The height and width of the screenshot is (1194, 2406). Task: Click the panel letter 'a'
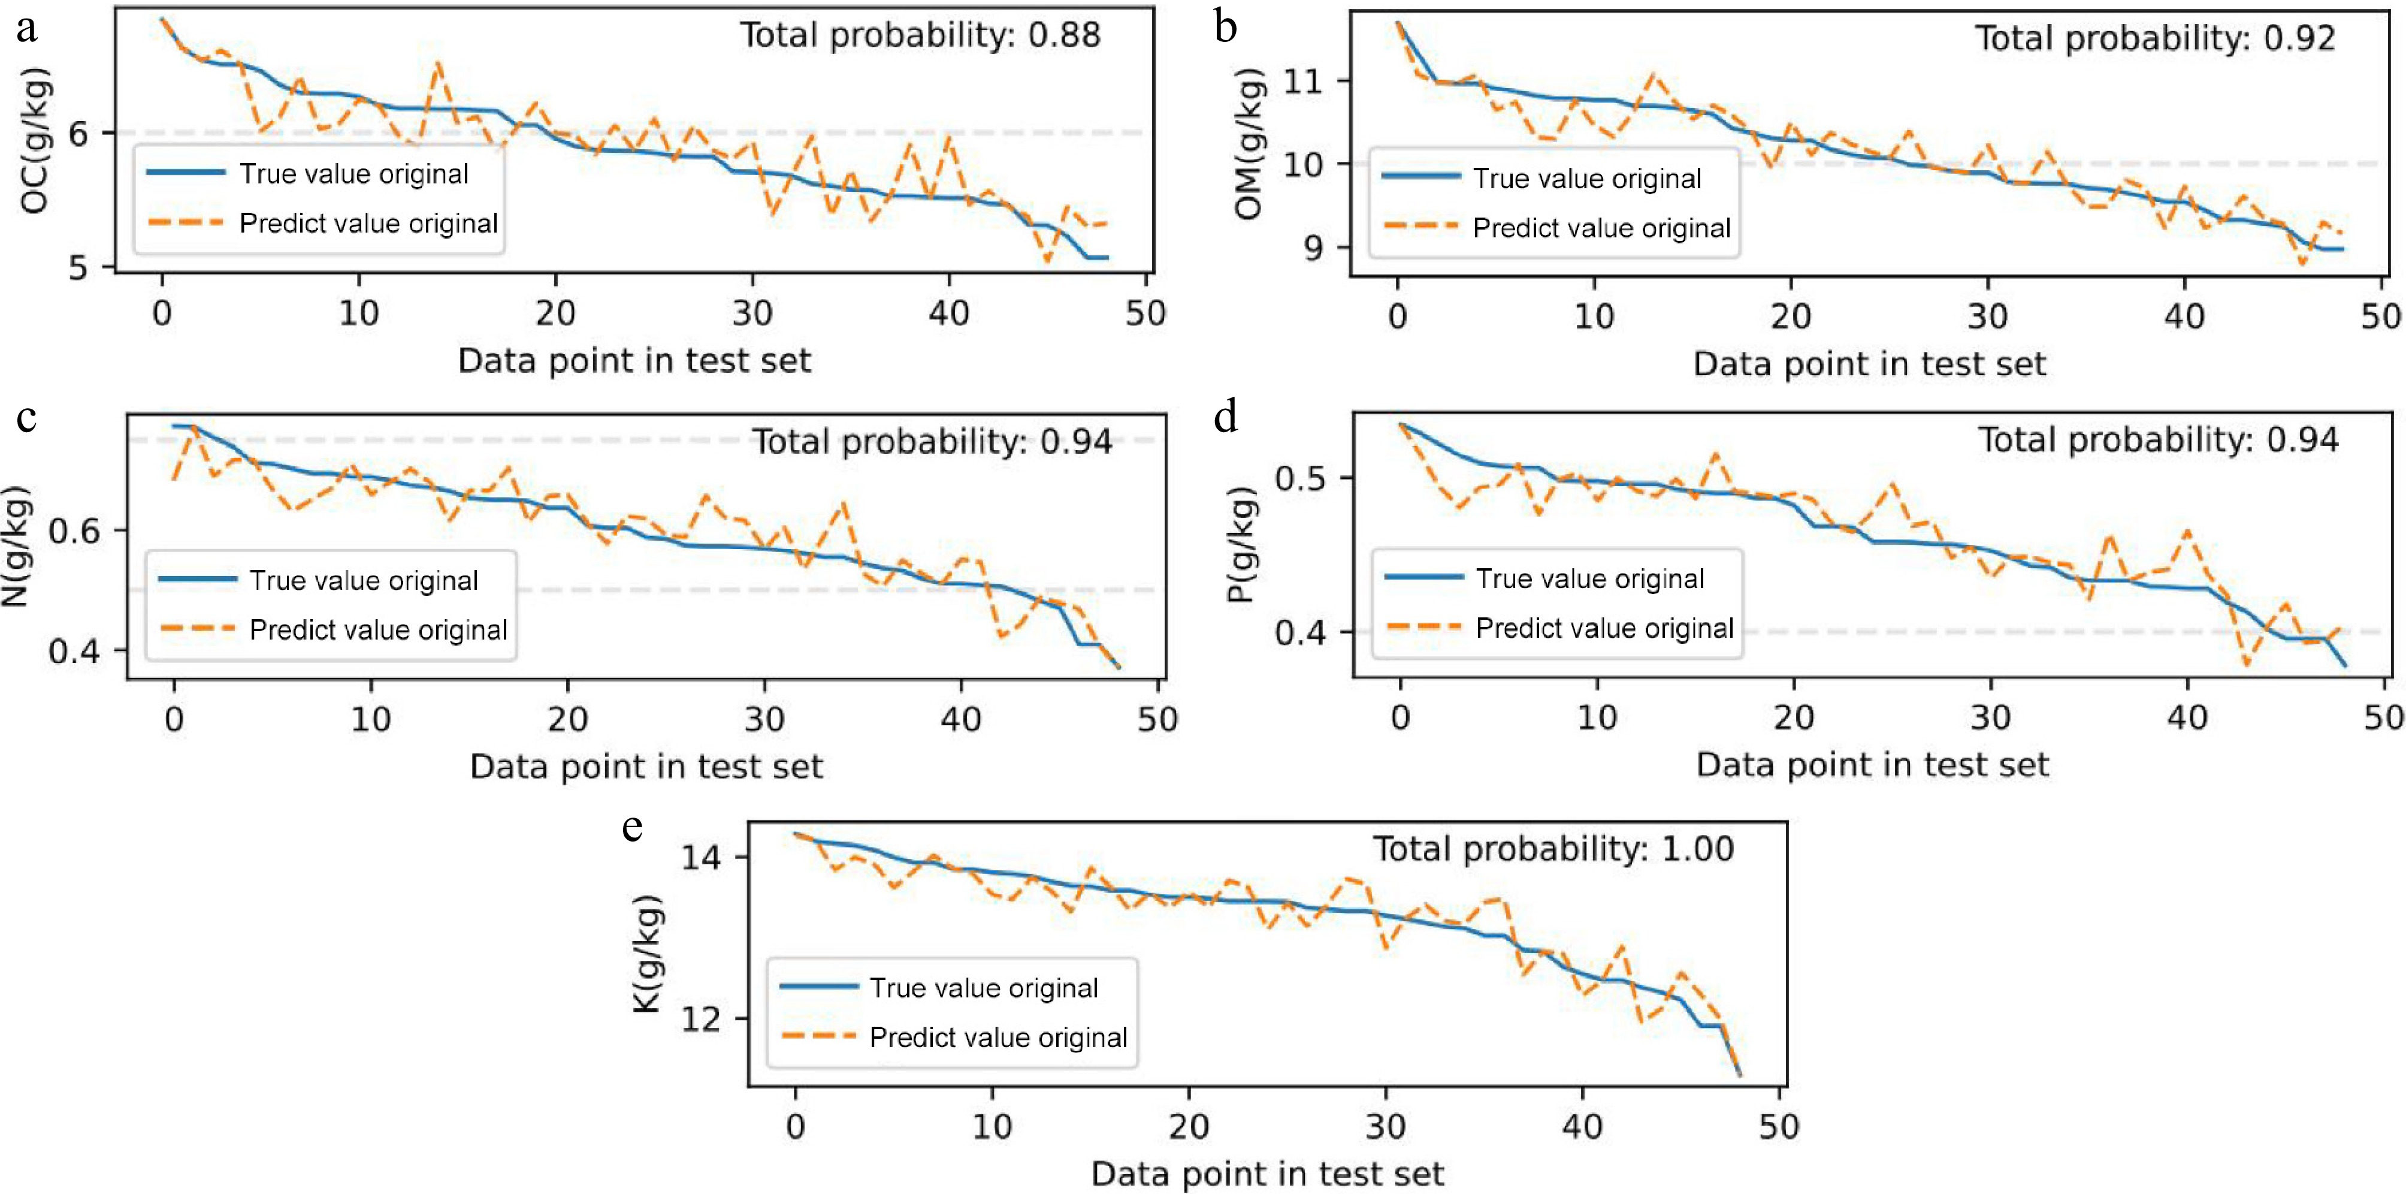[27, 28]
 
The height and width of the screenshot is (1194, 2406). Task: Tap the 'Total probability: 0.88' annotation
[920, 35]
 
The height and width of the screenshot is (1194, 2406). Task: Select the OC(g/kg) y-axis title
[35, 140]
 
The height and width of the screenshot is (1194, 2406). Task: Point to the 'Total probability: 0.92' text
[2155, 39]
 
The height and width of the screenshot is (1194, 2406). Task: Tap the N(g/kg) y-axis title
[17, 547]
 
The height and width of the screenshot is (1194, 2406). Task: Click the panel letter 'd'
[1225, 416]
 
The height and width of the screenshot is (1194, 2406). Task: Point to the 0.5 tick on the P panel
[1300, 478]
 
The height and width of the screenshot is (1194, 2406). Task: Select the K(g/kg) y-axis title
[647, 954]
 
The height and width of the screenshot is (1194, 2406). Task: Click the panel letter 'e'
[632, 827]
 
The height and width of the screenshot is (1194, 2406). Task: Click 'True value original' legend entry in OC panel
[353, 174]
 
